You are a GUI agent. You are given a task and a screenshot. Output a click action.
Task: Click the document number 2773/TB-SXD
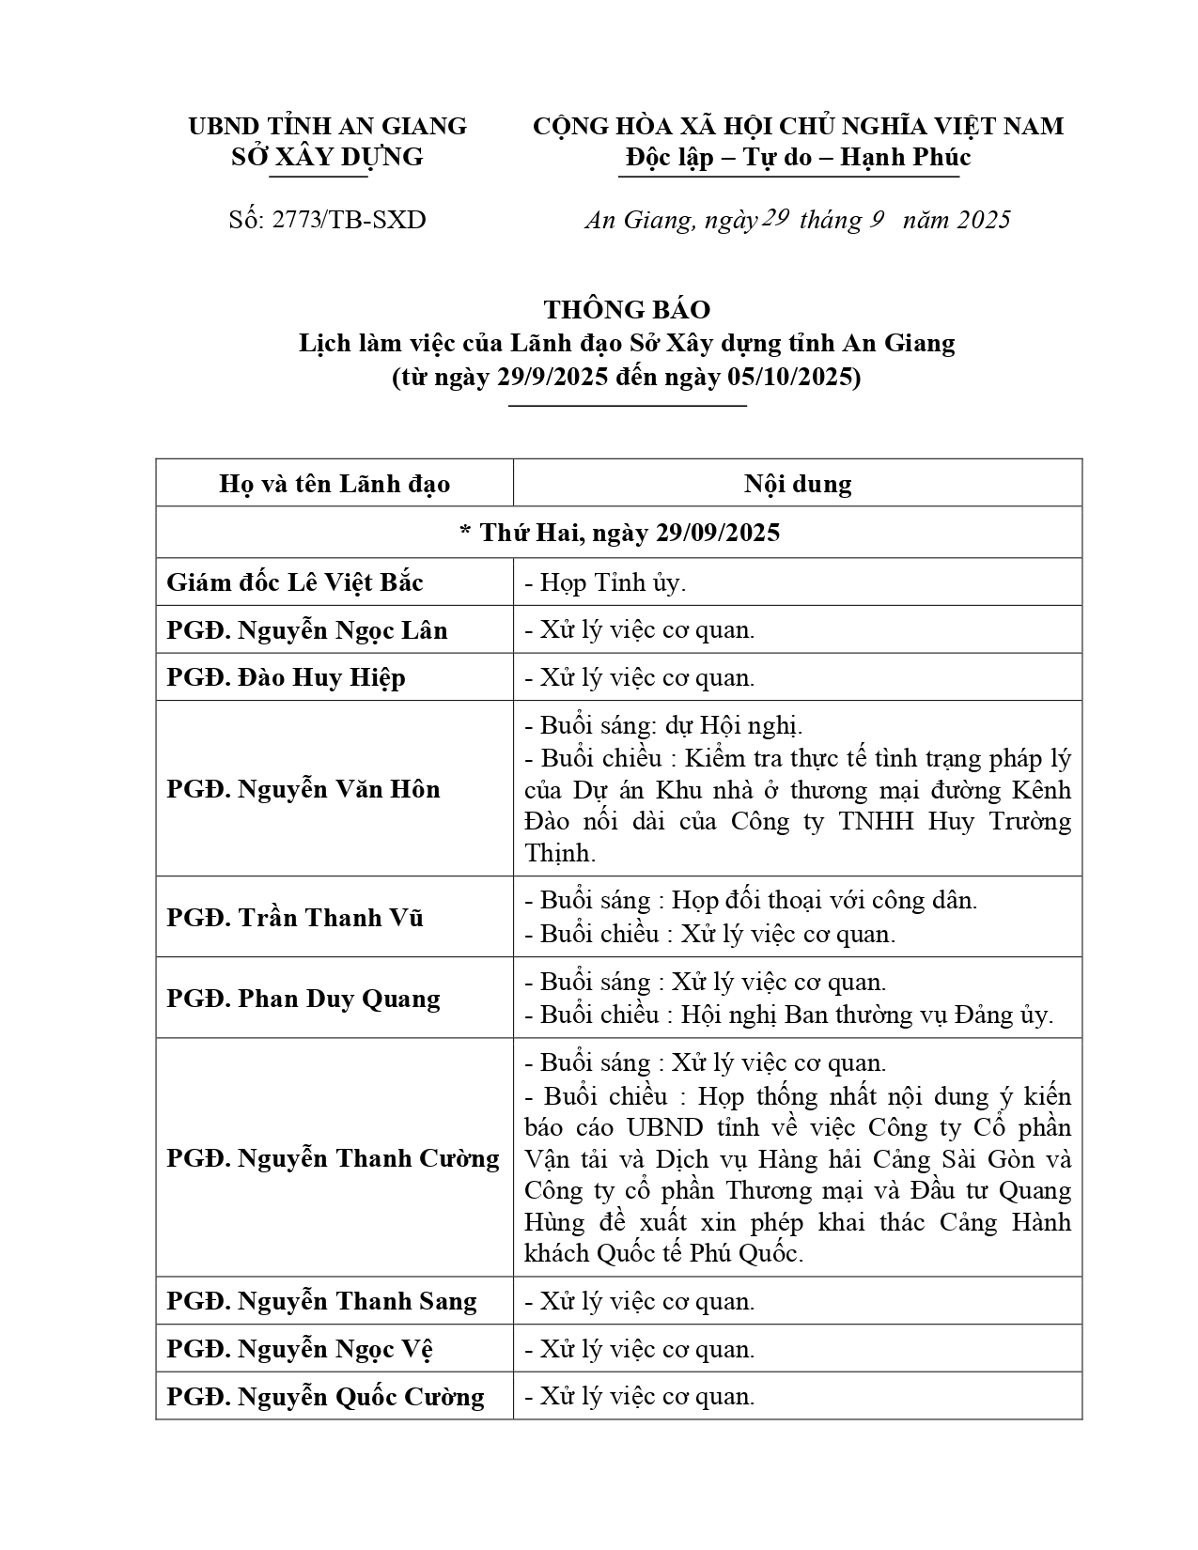click(349, 220)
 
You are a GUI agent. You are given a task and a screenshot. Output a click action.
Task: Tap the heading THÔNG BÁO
click(627, 309)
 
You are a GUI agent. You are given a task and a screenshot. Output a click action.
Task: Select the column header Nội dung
click(798, 484)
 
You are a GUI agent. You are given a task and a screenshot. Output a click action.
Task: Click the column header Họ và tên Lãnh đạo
click(335, 484)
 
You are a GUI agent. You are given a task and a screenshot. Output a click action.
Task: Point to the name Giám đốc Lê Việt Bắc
click(295, 582)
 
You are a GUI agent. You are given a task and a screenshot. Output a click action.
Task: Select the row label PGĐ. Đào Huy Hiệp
click(286, 677)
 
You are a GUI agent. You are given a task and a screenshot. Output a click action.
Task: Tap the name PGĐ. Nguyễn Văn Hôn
click(303, 789)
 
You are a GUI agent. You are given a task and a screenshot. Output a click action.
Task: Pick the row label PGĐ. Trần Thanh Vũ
click(295, 918)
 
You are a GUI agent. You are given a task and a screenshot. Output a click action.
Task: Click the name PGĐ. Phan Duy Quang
click(303, 998)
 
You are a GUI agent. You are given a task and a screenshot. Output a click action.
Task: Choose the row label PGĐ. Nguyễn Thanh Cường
click(333, 1157)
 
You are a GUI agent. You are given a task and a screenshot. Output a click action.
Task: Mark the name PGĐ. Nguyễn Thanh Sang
click(321, 1301)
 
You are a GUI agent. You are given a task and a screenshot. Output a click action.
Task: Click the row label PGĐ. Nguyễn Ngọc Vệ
click(300, 1349)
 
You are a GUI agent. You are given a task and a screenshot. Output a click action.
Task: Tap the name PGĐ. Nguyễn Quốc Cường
click(325, 1397)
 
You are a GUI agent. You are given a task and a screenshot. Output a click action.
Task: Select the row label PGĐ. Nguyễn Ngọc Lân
click(307, 629)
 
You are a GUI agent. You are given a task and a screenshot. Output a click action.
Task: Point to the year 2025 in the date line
click(984, 220)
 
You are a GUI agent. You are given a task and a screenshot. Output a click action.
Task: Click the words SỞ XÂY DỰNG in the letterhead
click(327, 156)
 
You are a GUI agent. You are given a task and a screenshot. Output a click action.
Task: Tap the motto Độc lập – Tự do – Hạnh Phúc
click(798, 156)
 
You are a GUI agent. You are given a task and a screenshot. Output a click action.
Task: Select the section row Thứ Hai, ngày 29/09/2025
click(619, 533)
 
